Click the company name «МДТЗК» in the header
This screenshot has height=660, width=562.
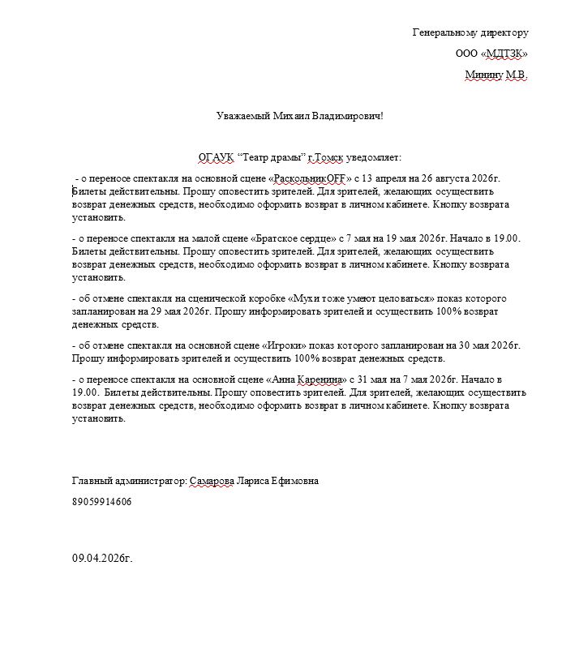504,54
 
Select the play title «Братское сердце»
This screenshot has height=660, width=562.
294,238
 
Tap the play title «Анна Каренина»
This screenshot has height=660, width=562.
307,379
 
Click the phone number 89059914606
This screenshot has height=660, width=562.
101,502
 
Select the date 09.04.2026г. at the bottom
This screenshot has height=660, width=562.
101,559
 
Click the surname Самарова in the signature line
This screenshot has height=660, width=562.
212,481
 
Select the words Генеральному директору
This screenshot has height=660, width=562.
470,32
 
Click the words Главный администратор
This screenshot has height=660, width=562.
128,481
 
